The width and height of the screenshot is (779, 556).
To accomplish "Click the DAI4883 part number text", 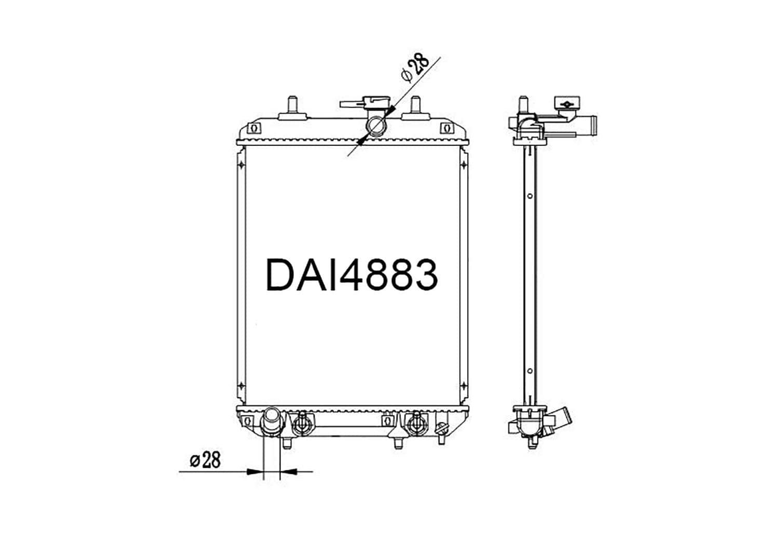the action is [x=352, y=275].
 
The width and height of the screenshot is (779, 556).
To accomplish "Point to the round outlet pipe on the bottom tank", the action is [x=271, y=422].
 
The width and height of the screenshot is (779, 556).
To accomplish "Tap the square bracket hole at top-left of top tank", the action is [x=254, y=128].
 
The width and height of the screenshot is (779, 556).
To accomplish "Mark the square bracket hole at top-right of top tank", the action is [x=447, y=128].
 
